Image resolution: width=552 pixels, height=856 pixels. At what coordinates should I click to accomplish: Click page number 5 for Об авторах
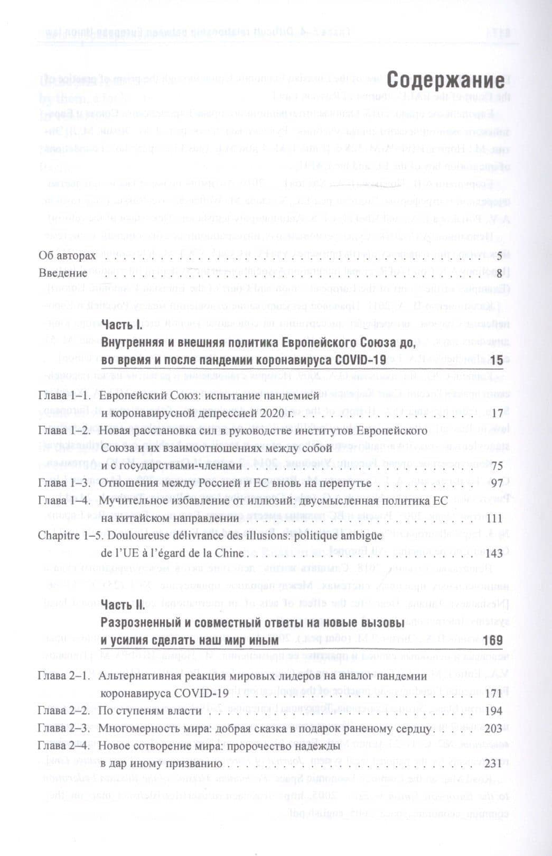pyautogui.click(x=498, y=256)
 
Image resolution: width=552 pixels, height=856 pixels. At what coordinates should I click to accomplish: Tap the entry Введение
pyautogui.click(x=63, y=273)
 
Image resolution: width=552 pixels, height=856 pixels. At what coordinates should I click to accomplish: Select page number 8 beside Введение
pyautogui.click(x=498, y=273)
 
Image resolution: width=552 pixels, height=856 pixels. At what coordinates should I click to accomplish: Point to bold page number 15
pyautogui.click(x=496, y=360)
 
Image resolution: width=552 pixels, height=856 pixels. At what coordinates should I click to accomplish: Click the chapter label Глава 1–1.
pyautogui.click(x=63, y=395)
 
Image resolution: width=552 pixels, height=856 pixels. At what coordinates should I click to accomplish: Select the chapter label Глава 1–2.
pyautogui.click(x=63, y=430)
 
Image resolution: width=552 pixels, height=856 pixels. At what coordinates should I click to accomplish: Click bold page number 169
pyautogui.click(x=492, y=640)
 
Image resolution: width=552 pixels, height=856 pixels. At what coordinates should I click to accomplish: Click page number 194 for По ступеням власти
pyautogui.click(x=494, y=711)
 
